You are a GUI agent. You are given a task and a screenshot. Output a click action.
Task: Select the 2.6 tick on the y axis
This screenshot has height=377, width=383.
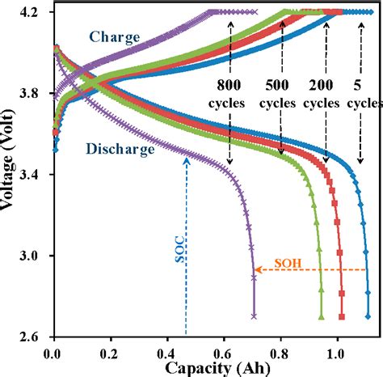point(35,336)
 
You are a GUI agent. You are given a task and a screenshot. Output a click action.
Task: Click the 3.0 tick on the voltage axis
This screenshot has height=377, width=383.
point(35,256)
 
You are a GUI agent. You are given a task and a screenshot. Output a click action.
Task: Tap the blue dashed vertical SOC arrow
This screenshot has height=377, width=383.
point(187,243)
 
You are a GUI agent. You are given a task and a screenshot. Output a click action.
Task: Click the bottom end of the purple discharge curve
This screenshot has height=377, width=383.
point(254,316)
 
